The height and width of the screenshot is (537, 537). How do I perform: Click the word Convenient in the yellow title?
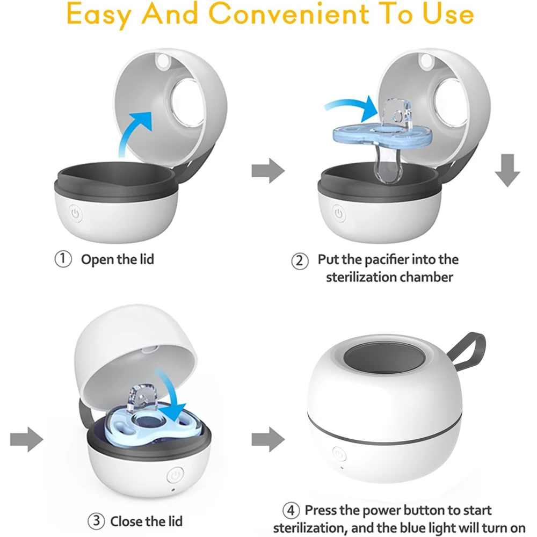pos(288,14)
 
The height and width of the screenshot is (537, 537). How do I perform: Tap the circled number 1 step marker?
pos(63,259)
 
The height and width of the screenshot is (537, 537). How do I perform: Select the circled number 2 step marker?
pos(300,261)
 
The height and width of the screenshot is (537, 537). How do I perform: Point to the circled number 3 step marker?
pos(96,521)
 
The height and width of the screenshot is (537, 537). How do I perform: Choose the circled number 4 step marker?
pos(291,510)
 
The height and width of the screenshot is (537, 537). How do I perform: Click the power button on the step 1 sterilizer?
pos(75,214)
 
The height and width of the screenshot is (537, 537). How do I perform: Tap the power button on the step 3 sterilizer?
pos(176,475)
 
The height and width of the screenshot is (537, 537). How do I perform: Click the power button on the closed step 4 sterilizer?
pos(339,454)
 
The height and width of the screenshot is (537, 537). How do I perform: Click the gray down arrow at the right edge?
pos(507,170)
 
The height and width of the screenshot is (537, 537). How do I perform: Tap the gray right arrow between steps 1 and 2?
pos(268,171)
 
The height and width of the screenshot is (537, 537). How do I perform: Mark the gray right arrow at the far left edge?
pos(27,439)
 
